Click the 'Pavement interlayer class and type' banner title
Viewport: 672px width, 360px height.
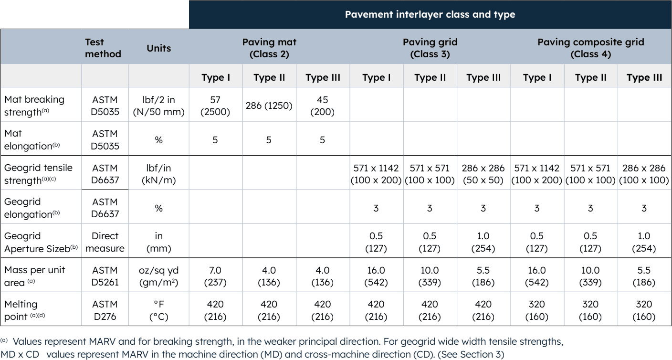[430, 14]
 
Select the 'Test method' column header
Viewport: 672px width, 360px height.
[102, 49]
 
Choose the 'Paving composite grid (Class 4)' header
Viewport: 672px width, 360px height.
[591, 49]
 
